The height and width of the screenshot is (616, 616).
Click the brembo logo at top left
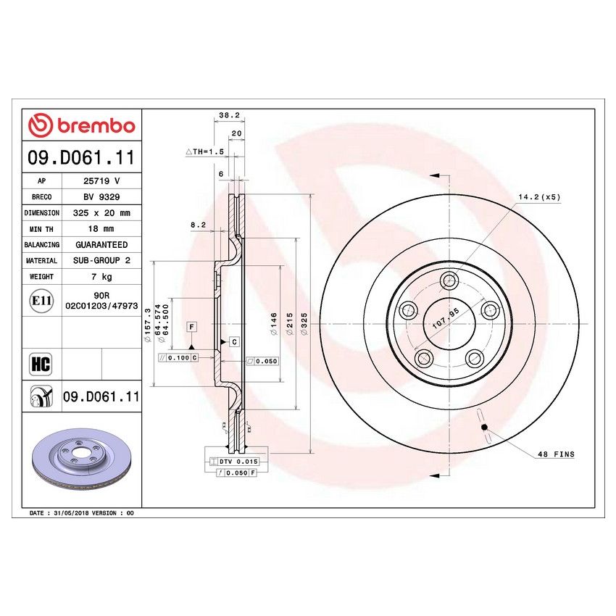point(81,125)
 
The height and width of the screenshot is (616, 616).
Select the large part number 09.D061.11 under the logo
point(81,157)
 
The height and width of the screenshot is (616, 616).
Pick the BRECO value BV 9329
point(101,197)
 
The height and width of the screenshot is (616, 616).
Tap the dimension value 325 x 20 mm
point(101,213)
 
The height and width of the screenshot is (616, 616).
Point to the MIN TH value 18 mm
point(101,229)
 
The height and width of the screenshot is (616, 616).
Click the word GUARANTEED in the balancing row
point(101,245)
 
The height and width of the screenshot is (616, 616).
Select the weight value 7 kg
point(101,276)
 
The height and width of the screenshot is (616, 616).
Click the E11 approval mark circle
point(41,301)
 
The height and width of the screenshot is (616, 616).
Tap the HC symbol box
point(41,363)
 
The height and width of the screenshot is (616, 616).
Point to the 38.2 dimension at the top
point(228,115)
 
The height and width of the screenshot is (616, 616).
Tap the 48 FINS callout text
point(555,454)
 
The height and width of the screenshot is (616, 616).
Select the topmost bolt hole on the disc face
point(450,280)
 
